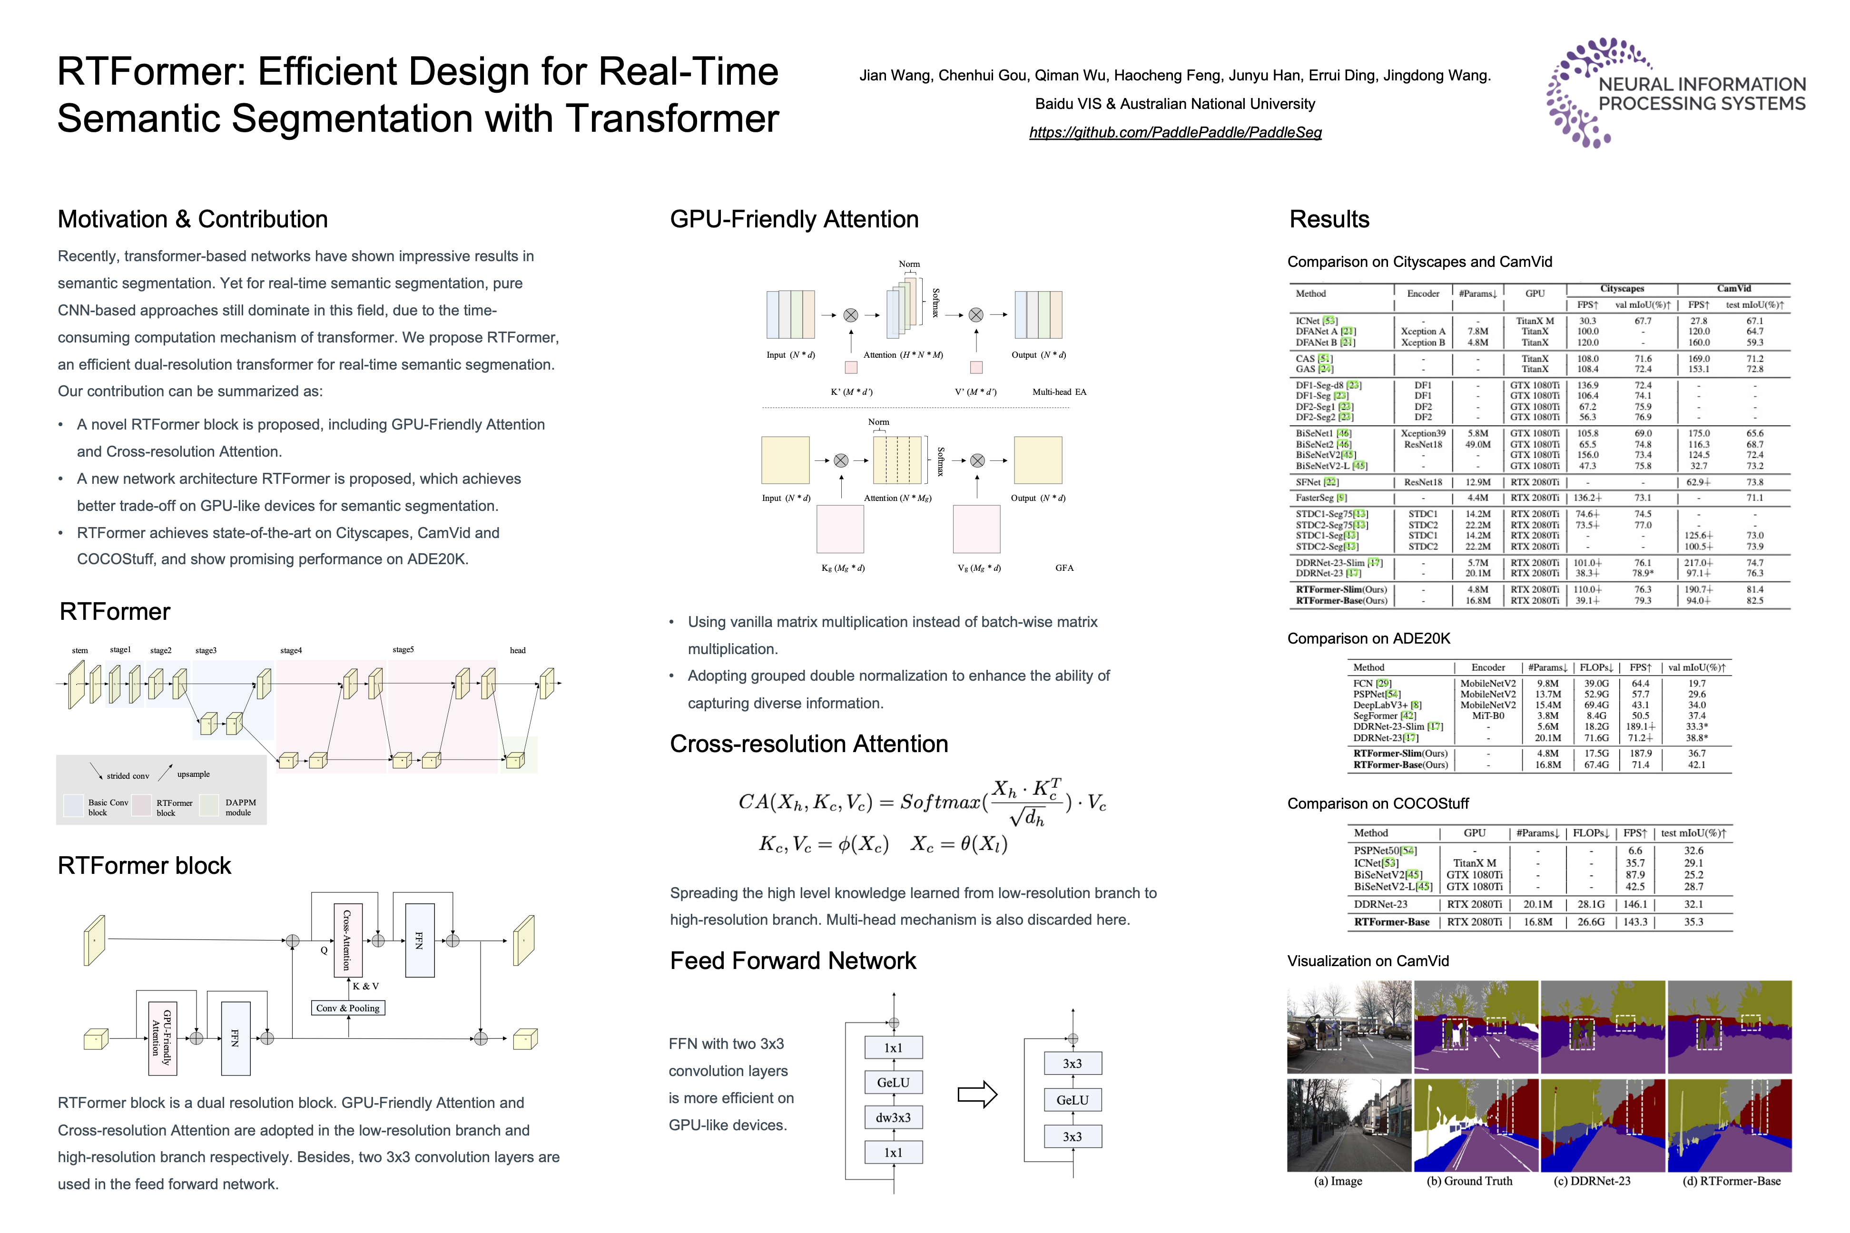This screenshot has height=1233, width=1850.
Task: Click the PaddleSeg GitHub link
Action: pos(1175,132)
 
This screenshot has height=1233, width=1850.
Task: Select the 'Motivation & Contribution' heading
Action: pos(193,219)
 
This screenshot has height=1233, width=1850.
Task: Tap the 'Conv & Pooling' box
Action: pos(348,1008)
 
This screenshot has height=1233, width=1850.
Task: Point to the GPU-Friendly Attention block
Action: pos(162,1038)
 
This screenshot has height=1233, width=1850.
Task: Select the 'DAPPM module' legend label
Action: pos(240,808)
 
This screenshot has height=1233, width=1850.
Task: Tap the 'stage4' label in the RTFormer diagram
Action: pos(291,650)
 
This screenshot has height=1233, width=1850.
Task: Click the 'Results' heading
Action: pos(1329,219)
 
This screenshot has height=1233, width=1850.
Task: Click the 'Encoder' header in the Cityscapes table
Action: pos(1423,294)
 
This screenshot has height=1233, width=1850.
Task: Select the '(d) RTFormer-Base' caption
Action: pos(1731,1181)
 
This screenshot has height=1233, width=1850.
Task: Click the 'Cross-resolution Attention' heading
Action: pos(808,744)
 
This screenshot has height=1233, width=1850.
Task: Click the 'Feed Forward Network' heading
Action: pos(793,961)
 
